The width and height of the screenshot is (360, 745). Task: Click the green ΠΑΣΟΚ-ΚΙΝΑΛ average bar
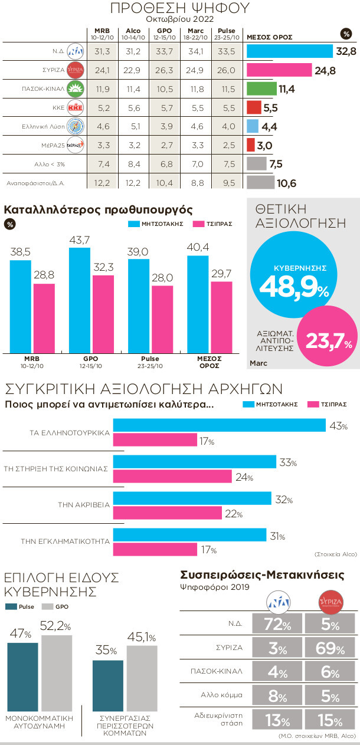(x=261, y=90)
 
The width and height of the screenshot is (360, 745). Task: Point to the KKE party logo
(x=75, y=108)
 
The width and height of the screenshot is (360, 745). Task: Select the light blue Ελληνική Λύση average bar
(x=251, y=126)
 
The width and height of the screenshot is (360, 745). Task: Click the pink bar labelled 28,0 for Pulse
(x=162, y=319)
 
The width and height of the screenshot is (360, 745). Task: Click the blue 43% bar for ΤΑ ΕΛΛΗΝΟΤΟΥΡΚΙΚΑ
(x=219, y=425)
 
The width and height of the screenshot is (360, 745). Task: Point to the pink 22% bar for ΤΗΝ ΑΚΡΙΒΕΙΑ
(x=168, y=514)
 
